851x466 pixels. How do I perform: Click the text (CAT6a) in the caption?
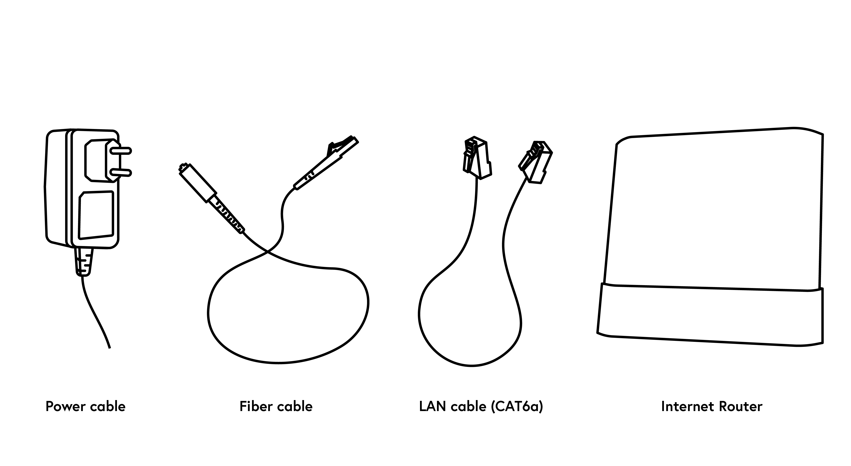(x=517, y=406)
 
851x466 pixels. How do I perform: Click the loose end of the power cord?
(x=109, y=347)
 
